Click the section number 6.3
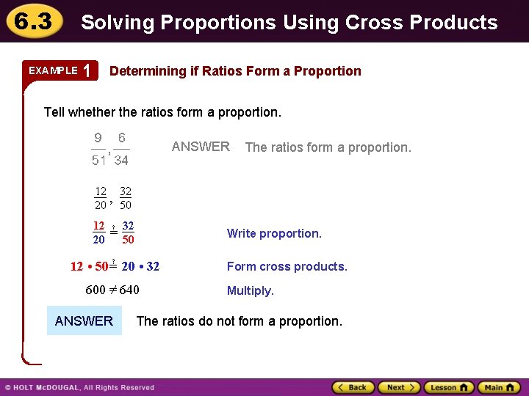point(30,21)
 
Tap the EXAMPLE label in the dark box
point(53,70)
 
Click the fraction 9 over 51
point(98,149)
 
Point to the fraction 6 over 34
point(121,149)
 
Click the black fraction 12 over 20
point(101,198)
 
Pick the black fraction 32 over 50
point(126,198)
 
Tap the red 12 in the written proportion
point(98,226)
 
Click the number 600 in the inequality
point(96,290)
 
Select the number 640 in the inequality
point(129,290)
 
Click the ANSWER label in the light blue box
point(84,320)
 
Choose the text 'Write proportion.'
point(274,234)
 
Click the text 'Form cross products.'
point(287,267)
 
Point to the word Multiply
point(250,290)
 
